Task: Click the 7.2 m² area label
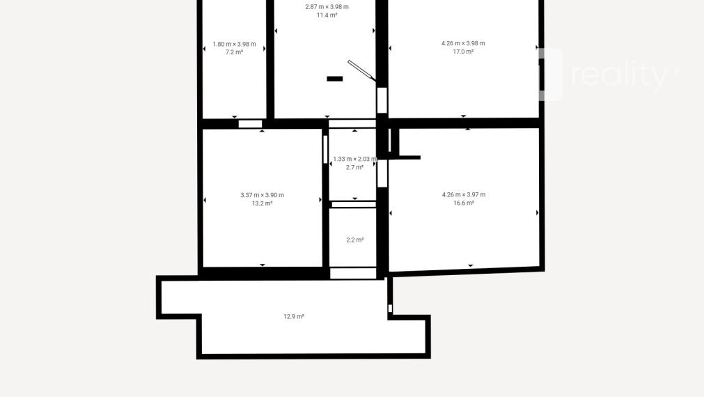point(234,52)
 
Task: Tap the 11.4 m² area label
point(327,15)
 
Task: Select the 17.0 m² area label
point(463,52)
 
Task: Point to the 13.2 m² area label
point(263,203)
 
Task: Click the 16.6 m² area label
point(464,203)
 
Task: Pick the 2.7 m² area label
point(354,168)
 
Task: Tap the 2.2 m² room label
point(354,240)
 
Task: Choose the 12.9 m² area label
point(294,317)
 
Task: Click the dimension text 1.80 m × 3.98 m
point(235,44)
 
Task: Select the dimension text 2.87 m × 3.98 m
point(327,7)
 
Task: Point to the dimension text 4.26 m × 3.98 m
point(463,43)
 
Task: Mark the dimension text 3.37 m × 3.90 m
point(263,195)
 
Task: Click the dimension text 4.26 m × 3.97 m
point(464,194)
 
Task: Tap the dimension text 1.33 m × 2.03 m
point(354,159)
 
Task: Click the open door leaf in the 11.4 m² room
point(361,71)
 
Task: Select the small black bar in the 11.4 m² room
point(334,79)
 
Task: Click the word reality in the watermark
point(620,75)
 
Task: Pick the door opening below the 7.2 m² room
point(250,124)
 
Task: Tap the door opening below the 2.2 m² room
point(353,273)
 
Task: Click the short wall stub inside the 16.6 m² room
point(409,157)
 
